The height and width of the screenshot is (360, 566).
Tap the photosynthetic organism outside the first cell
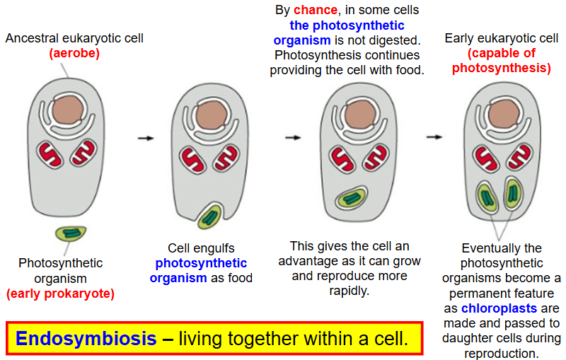coord(70,234)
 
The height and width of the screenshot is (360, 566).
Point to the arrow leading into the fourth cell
coord(434,137)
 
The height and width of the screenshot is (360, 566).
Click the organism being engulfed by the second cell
coord(209,216)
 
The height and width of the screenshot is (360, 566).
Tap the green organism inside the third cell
coord(350,199)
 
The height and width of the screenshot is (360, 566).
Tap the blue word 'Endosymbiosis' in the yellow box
coord(86,338)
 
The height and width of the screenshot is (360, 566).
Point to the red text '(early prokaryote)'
coord(60,293)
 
